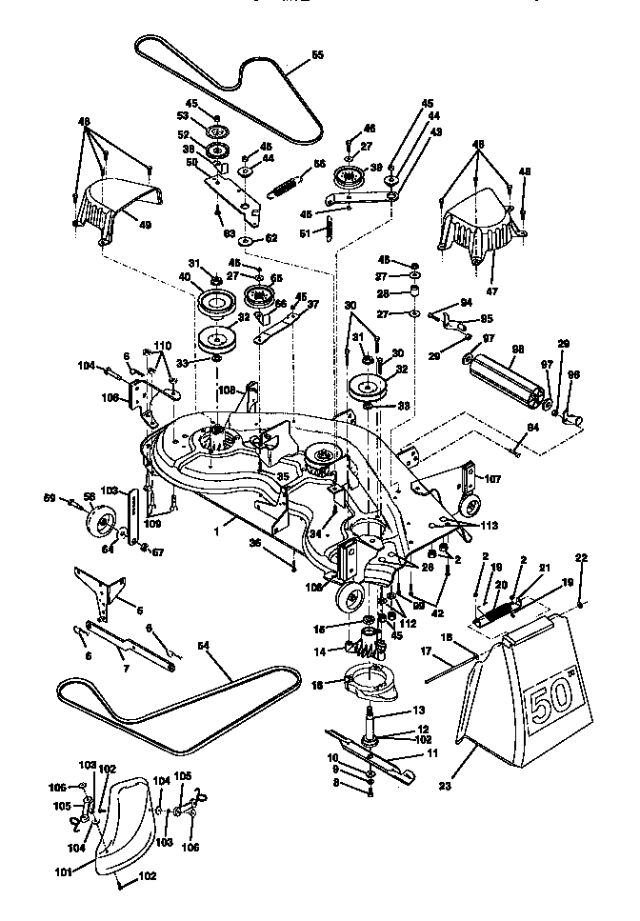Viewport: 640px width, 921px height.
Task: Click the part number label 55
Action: (317, 55)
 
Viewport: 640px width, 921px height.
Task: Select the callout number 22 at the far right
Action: (582, 557)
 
